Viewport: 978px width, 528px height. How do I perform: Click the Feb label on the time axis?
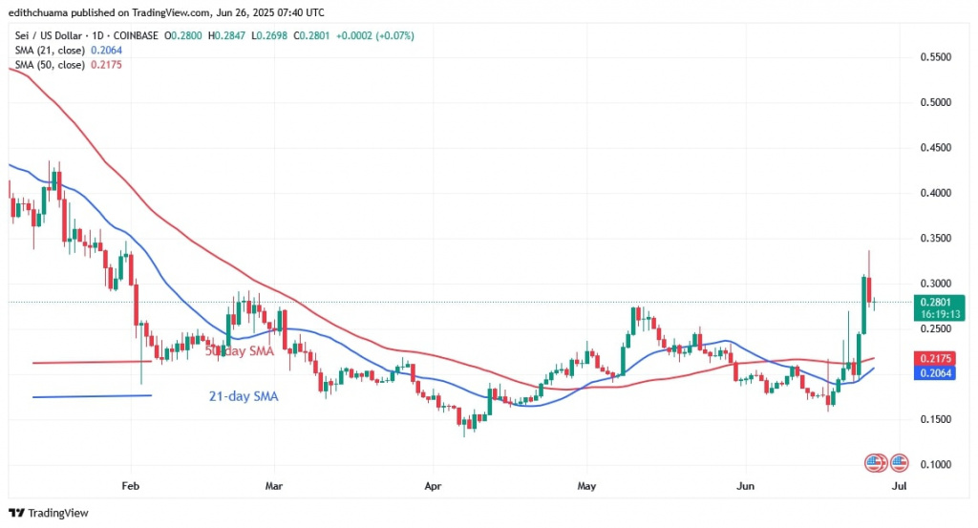(x=133, y=486)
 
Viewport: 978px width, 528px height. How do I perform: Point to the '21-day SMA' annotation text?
(x=243, y=395)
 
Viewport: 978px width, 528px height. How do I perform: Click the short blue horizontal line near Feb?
(x=92, y=396)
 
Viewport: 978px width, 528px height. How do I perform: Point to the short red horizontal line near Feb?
(x=92, y=362)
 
